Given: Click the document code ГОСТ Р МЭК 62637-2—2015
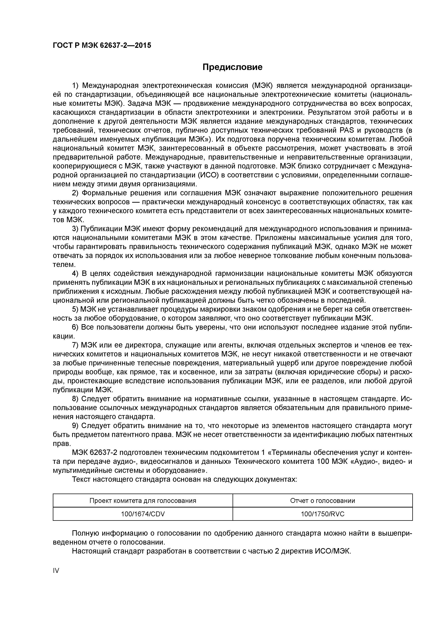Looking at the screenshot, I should click(102, 45).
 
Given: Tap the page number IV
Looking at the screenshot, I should click(56, 570).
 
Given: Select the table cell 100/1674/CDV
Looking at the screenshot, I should click(143, 514).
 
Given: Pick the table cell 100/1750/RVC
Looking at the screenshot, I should click(323, 514).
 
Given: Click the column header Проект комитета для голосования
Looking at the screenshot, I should click(143, 501).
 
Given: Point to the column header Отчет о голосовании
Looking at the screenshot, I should click(323, 501).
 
